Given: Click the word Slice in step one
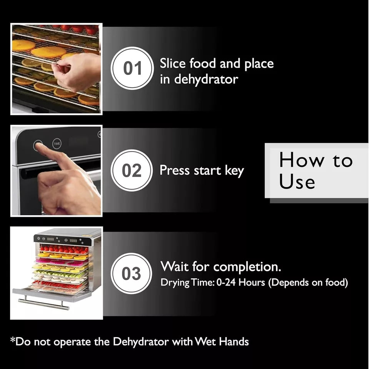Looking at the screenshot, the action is [x=173, y=63].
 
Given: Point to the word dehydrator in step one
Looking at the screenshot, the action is [x=206, y=79].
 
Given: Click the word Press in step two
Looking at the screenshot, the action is [x=174, y=170].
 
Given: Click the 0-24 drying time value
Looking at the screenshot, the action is [x=226, y=282].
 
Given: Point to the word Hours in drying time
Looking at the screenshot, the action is [x=252, y=282].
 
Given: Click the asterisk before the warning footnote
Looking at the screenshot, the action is [x=13, y=340].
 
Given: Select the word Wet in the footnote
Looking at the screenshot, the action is [x=205, y=341].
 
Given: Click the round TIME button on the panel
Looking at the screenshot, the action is [x=57, y=143].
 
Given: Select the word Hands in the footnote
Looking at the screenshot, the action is [x=234, y=341].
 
